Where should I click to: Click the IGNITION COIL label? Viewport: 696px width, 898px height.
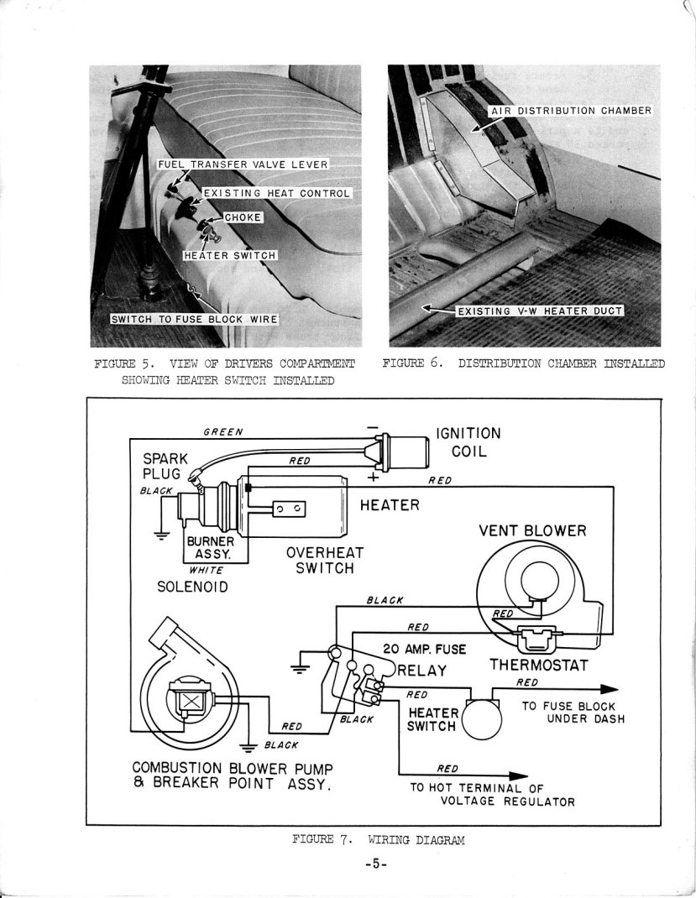point(468,442)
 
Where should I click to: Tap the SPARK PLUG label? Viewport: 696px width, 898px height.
point(166,468)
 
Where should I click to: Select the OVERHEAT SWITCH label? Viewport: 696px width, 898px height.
point(320,561)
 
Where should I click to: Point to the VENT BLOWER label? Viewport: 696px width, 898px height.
point(532,530)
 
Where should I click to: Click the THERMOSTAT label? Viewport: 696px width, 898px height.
point(538,666)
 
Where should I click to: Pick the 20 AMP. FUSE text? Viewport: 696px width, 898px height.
point(424,649)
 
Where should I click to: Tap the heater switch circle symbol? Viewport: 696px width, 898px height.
point(481,720)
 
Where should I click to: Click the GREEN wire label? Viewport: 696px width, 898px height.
point(224,432)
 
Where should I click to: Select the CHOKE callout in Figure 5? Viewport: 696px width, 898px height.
point(243,218)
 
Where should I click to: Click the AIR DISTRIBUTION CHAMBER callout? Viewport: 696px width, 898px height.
point(570,111)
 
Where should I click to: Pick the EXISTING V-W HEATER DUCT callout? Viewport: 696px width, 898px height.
point(538,311)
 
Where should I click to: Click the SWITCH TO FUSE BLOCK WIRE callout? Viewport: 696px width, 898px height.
point(195,319)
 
